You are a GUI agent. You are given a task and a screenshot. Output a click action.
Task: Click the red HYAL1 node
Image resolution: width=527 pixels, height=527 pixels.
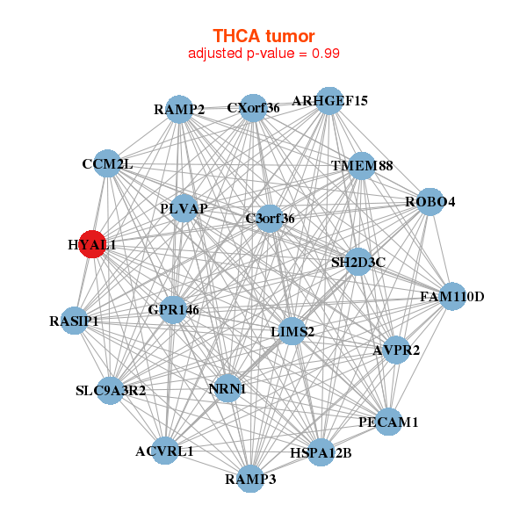92,244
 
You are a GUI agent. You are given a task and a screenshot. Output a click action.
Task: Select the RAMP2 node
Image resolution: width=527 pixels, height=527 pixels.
179,109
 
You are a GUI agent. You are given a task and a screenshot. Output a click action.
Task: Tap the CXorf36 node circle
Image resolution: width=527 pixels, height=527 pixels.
253,108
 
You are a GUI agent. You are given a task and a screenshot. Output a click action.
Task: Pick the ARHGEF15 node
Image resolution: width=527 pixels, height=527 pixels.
329,100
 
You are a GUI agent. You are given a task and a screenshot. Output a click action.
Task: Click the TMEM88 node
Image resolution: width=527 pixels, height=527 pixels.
362,166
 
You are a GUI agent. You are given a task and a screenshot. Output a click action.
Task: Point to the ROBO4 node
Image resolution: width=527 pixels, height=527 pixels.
430,201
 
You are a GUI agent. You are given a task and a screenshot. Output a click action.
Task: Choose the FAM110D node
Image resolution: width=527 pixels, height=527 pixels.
451,296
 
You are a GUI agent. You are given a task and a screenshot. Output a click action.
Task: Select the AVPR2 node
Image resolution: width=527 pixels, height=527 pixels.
396,350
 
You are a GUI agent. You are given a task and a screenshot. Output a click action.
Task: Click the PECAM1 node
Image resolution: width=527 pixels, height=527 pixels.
388,422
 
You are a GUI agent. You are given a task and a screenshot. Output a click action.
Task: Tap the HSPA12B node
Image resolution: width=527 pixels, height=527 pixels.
321,452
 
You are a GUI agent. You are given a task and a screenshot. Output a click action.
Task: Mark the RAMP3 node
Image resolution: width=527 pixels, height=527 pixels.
250,479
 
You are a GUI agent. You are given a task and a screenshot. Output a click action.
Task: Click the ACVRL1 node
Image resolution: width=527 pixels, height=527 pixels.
164,451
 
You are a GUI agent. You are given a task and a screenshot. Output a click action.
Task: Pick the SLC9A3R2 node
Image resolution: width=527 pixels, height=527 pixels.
110,390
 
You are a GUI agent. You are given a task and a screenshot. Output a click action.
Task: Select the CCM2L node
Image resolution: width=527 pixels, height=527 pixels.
107,163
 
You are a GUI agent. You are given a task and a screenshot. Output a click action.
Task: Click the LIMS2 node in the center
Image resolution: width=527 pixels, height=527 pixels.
292,331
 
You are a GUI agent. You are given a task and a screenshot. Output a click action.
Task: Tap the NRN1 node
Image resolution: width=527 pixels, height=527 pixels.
227,388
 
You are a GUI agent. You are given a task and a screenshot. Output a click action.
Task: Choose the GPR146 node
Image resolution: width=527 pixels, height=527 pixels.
174,309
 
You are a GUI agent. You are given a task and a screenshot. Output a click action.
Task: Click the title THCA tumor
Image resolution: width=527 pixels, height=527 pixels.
263,36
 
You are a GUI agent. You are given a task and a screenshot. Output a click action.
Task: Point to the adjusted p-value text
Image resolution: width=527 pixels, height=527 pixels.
263,54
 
